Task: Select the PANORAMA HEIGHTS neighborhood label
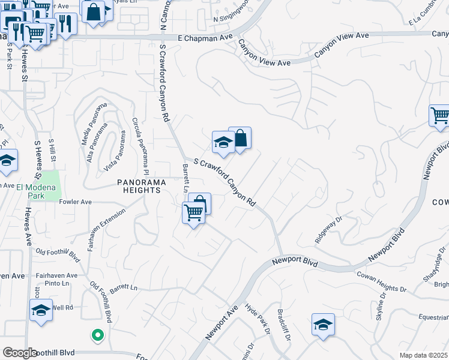point(139,185)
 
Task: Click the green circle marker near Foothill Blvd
point(97,335)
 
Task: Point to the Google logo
point(20,353)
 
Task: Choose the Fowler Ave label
point(75,202)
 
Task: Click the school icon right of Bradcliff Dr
point(323,325)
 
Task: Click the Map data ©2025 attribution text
point(424,355)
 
